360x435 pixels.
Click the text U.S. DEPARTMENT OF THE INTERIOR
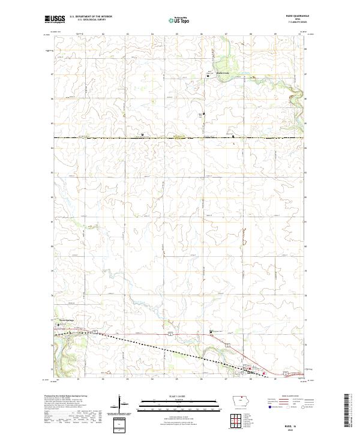click(90, 17)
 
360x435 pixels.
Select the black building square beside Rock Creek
click(208, 76)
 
